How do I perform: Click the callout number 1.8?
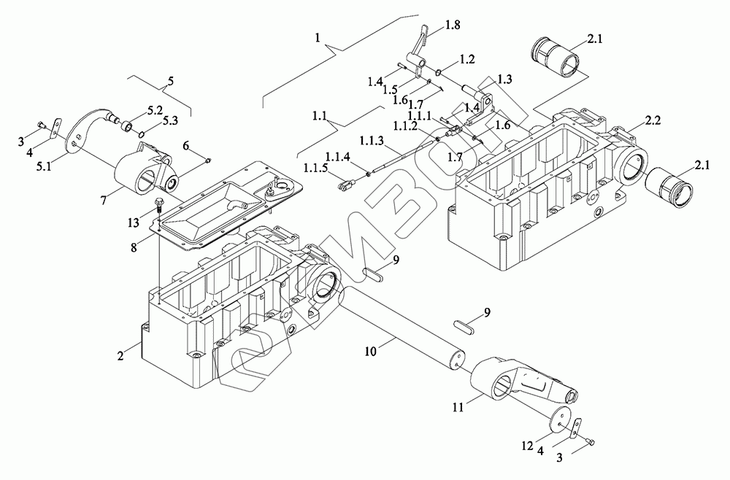pyautogui.click(x=452, y=25)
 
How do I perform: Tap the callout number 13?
pyautogui.click(x=133, y=222)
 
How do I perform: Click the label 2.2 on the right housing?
pyautogui.click(x=653, y=121)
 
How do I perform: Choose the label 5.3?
pyautogui.click(x=169, y=122)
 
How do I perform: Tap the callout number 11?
pyautogui.click(x=458, y=408)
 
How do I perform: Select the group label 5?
pyautogui.click(x=170, y=81)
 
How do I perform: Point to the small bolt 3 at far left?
pyautogui.click(x=42, y=125)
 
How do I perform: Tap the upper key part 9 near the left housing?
pyautogui.click(x=373, y=275)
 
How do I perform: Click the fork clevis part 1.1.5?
pyautogui.click(x=344, y=186)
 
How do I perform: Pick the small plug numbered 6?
pyautogui.click(x=207, y=160)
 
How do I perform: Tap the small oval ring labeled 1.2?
pyautogui.click(x=439, y=71)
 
